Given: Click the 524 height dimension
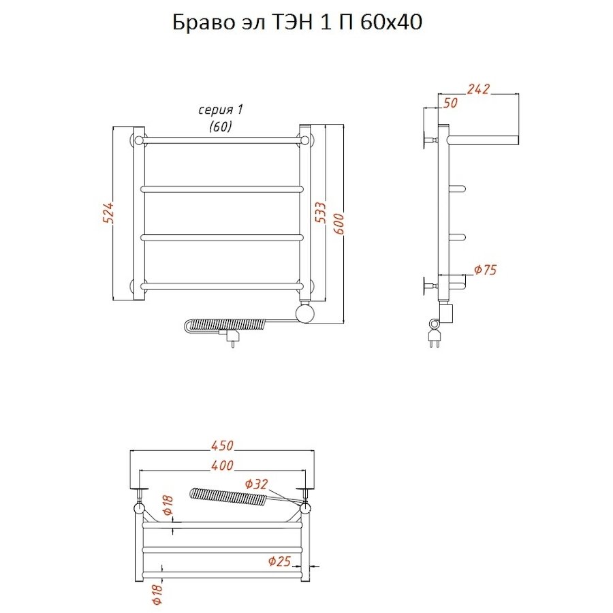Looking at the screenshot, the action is click(110, 213).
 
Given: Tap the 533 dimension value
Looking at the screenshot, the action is click(321, 213).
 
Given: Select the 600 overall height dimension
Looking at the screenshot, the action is click(339, 223).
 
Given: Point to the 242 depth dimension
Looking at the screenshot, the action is click(477, 89).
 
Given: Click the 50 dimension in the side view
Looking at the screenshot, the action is click(450, 103).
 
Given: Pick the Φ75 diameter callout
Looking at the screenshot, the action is click(485, 270).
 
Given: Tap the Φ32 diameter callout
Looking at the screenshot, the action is click(257, 484).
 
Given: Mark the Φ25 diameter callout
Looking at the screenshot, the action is click(279, 561).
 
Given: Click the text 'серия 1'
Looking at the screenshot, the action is click(221, 110).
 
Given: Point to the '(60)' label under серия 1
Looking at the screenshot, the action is click(221, 126).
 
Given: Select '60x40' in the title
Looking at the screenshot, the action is click(391, 22).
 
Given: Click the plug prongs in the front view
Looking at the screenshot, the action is click(233, 344).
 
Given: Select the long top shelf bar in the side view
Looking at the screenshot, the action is click(484, 140).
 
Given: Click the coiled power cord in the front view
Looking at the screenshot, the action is click(225, 326).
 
